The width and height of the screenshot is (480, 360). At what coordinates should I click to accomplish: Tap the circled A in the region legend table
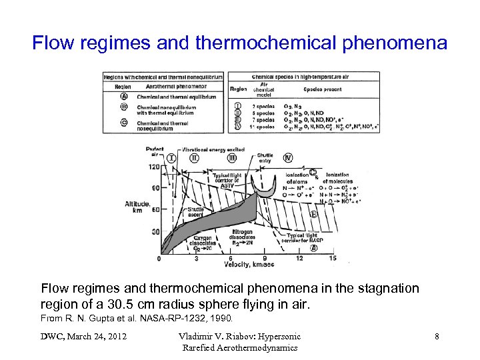[124, 96]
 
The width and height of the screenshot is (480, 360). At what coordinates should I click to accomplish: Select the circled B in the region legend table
[124, 106]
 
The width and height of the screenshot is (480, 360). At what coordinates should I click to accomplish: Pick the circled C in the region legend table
[124, 122]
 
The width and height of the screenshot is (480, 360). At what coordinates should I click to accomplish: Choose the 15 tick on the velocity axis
[333, 258]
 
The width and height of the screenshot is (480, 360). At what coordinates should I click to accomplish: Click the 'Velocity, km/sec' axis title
[246, 265]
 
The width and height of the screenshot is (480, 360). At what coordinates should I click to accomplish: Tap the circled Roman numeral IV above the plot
[287, 158]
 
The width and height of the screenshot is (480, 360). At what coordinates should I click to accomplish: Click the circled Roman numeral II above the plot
[194, 159]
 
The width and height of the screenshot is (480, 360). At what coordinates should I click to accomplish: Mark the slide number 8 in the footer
[437, 337]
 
